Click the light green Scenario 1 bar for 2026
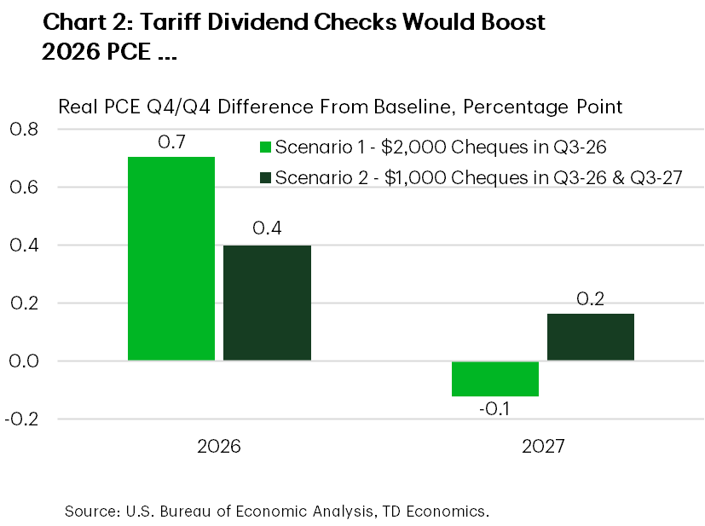coord(171,259)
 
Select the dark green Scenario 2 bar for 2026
coord(267,303)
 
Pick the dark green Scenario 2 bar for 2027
coord(591,337)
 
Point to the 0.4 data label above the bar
coord(267,229)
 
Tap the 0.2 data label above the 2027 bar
coord(591,298)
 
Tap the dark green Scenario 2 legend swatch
coord(264,177)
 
